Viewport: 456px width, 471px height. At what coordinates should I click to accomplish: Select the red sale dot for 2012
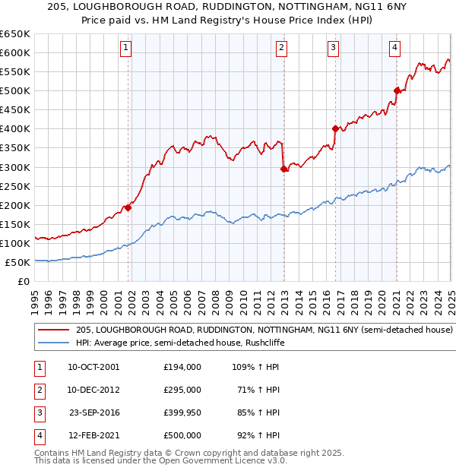pyautogui.click(x=283, y=169)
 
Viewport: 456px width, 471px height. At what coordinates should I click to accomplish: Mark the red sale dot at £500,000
pyautogui.click(x=396, y=90)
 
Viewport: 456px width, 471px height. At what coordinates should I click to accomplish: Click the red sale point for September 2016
pyautogui.click(x=335, y=128)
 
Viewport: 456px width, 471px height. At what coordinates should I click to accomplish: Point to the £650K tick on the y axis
pyautogui.click(x=15, y=34)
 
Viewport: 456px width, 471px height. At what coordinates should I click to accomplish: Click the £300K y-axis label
pyautogui.click(x=15, y=167)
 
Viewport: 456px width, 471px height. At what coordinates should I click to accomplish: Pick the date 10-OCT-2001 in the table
pyautogui.click(x=93, y=367)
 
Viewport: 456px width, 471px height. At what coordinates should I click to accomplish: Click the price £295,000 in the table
pyautogui.click(x=182, y=390)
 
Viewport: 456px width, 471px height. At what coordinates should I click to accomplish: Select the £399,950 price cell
pyautogui.click(x=182, y=413)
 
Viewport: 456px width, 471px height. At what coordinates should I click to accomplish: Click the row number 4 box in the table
pyautogui.click(x=39, y=435)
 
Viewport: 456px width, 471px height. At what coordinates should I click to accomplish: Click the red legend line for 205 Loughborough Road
pyautogui.click(x=52, y=330)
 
